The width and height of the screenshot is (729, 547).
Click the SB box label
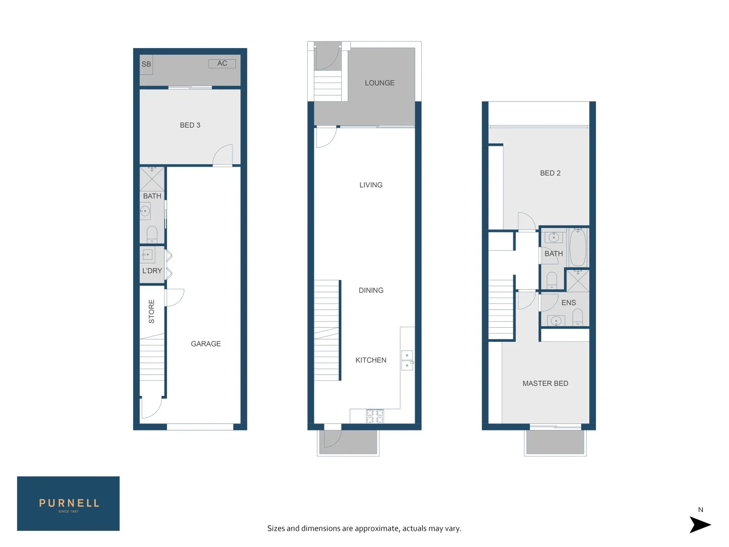pyautogui.click(x=146, y=64)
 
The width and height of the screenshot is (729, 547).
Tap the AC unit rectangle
pyautogui.click(x=222, y=63)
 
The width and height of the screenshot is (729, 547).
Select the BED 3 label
pyautogui.click(x=190, y=125)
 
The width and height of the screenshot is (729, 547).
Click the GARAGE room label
pyautogui.click(x=206, y=344)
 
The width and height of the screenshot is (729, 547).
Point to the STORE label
pyautogui.click(x=151, y=311)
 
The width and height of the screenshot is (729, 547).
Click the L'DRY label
pyautogui.click(x=152, y=271)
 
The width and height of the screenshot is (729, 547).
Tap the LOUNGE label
pyautogui.click(x=380, y=83)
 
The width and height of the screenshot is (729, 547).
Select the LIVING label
pyautogui.click(x=371, y=185)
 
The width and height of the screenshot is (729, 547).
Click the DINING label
pyautogui.click(x=371, y=291)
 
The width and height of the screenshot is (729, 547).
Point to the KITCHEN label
pyautogui.click(x=371, y=361)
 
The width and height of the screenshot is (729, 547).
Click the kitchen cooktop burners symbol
pyautogui.click(x=375, y=416)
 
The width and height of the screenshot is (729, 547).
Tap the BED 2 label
pyautogui.click(x=550, y=173)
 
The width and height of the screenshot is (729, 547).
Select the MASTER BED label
pyautogui.click(x=545, y=384)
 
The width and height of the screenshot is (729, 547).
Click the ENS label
pyautogui.click(x=569, y=303)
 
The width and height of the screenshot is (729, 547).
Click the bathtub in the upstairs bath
pyautogui.click(x=578, y=247)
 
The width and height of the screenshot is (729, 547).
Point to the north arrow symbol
pyautogui.click(x=700, y=525)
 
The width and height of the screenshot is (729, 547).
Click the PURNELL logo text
pyautogui.click(x=69, y=503)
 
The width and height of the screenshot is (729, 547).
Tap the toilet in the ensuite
pyautogui.click(x=578, y=318)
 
